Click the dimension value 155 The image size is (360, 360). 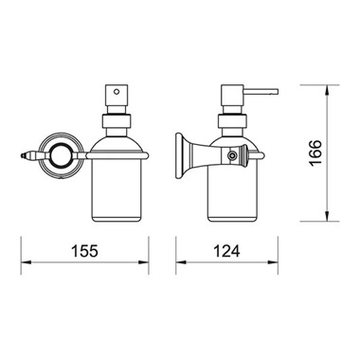85,251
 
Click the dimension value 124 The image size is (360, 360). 226,251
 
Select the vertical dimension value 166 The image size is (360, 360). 315,153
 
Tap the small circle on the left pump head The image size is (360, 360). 117,92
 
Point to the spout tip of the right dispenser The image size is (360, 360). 277,92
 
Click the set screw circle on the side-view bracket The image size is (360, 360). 232,155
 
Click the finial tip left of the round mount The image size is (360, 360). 23,155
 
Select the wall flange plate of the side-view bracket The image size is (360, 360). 179,154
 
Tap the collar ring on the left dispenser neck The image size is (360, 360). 117,120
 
